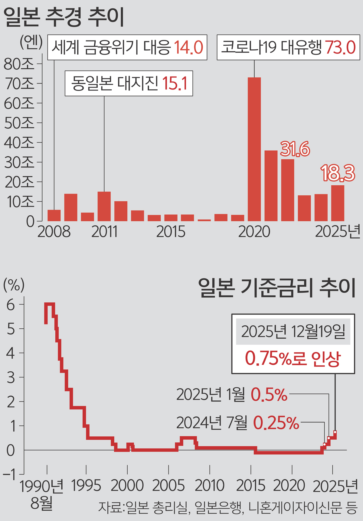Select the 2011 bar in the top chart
pyautogui.click(x=104, y=206)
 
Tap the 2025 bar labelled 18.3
pyautogui.click(x=338, y=203)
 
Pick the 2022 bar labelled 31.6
pyautogui.click(x=287, y=190)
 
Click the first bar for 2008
pyautogui.click(x=54, y=215)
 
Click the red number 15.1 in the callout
pyautogui.click(x=175, y=83)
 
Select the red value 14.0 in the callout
pyautogui.click(x=188, y=47)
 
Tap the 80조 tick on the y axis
pyautogui.click(x=19, y=64)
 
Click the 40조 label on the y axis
pyautogui.click(x=19, y=142)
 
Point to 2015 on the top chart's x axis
pyautogui.click(x=171, y=232)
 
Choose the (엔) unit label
pyautogui.click(x=31, y=43)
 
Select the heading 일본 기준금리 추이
pyautogui.click(x=277, y=288)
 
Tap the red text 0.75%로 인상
pyautogui.click(x=293, y=359)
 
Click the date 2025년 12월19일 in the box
pyautogui.click(x=293, y=332)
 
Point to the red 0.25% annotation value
pyautogui.click(x=276, y=423)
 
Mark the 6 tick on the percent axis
pyautogui.click(x=11, y=305)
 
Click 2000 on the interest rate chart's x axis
pyautogui.click(x=127, y=486)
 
